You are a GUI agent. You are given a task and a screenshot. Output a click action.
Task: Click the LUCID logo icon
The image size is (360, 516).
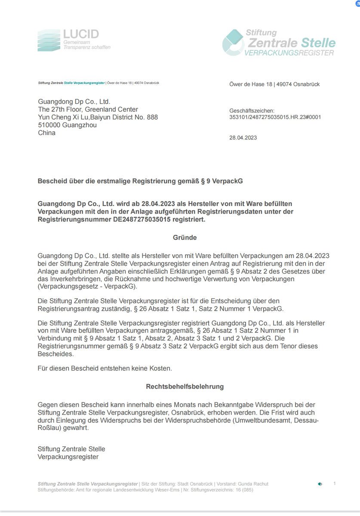pos(49,40)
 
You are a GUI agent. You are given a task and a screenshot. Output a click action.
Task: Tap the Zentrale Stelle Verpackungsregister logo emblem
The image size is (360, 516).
pos(233,43)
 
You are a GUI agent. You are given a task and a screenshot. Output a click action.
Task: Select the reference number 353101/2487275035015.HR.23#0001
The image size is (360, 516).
pos(275,117)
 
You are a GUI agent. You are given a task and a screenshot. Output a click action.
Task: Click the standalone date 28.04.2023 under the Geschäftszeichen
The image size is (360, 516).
pos(243,138)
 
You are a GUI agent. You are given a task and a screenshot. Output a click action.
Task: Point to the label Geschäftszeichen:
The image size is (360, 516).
pos(252,111)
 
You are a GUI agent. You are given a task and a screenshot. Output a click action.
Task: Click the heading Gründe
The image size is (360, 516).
pos(185,237)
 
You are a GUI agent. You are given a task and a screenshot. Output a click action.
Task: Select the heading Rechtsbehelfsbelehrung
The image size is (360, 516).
pos(185,387)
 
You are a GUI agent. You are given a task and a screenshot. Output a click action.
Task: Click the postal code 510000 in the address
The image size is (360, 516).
pos(49,125)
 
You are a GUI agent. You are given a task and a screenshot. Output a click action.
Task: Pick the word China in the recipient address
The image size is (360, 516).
pos(47,133)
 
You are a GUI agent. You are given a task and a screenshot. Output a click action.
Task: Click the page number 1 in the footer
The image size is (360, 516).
pos(335,483)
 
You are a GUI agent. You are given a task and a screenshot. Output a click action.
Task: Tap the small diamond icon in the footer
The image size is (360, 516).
pos(320,484)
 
